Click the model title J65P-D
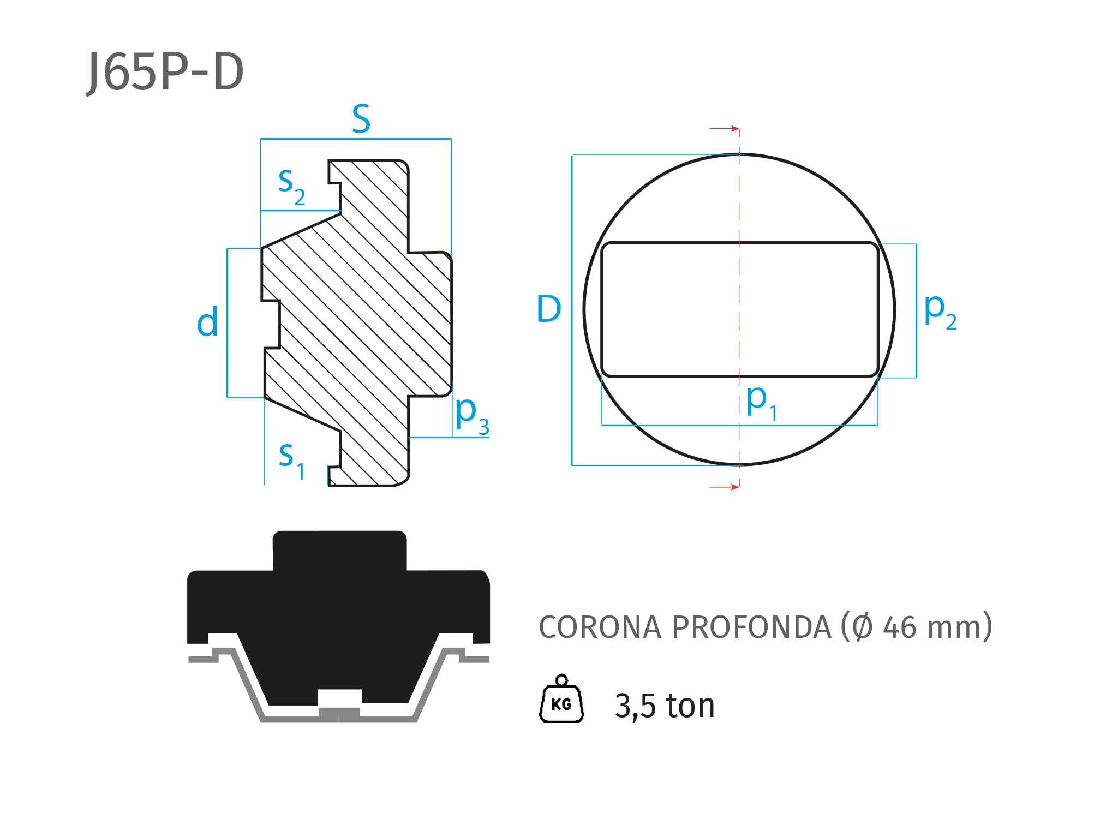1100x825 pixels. click(x=165, y=73)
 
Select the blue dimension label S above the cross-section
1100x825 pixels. click(x=361, y=118)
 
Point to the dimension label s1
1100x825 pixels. click(x=292, y=461)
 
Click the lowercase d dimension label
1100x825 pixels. click(x=207, y=321)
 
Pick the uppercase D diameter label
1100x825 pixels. click(x=549, y=309)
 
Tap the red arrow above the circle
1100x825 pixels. click(x=725, y=129)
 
